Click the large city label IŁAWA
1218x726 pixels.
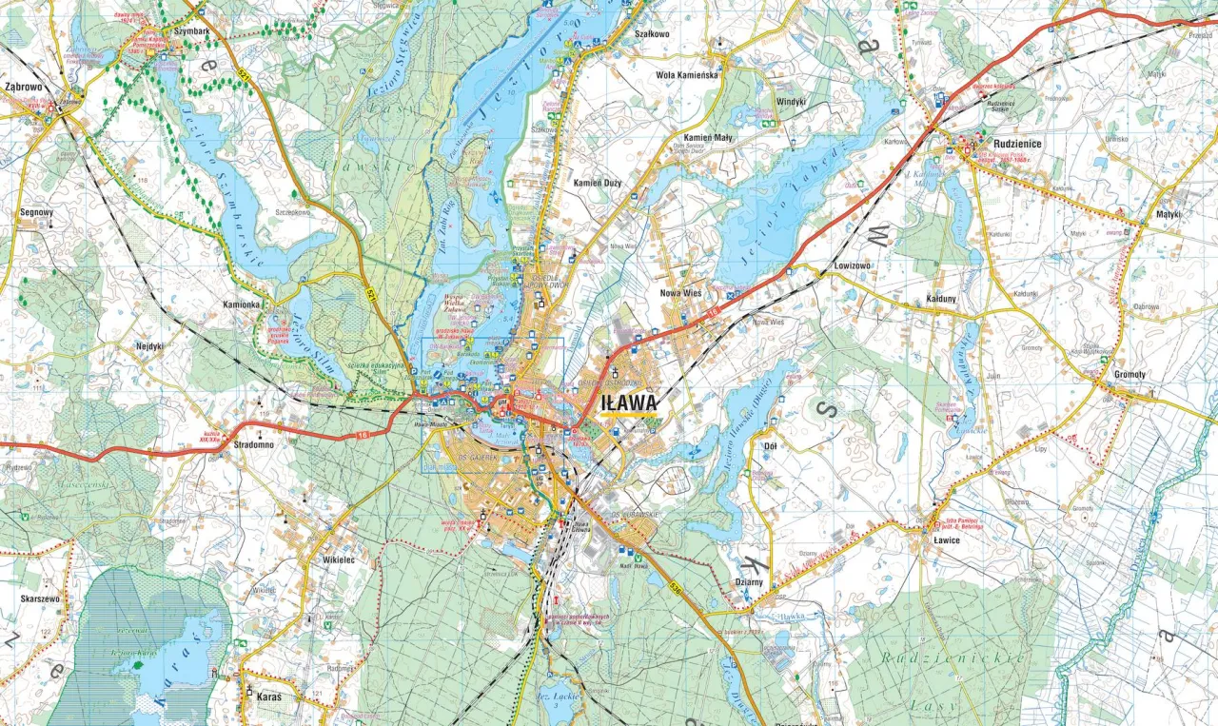(x=629, y=403)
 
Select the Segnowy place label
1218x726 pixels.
(x=36, y=213)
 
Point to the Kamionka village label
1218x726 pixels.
(x=241, y=304)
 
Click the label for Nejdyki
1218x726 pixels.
(x=149, y=346)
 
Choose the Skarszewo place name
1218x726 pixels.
(x=40, y=599)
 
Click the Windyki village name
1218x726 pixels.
(x=790, y=101)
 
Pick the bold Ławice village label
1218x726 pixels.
(x=944, y=540)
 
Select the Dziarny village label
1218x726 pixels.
(x=750, y=582)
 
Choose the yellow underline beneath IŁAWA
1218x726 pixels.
(x=629, y=416)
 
